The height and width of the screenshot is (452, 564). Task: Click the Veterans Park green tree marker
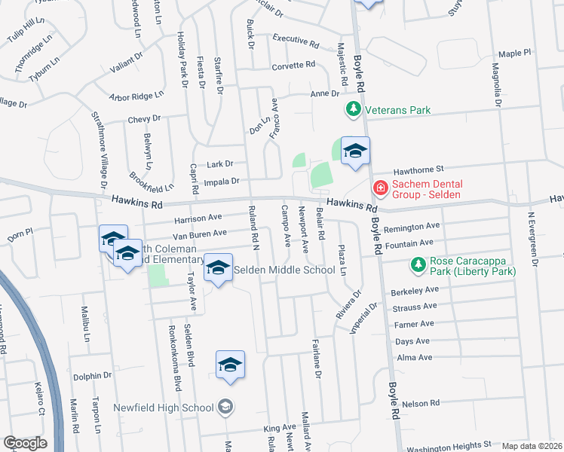coord(353,110)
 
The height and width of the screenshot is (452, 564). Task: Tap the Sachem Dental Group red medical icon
coord(380,186)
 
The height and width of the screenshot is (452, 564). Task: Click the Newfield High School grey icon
coord(225,408)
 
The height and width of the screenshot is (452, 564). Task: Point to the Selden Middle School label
coord(284,270)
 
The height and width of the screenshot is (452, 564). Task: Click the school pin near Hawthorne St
coord(355,152)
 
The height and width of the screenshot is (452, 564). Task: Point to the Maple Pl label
coord(515,53)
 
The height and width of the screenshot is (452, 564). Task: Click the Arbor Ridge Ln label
coord(136,96)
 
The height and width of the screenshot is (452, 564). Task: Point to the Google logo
coord(26,443)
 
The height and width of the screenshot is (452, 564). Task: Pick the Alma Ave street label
coord(413,358)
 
